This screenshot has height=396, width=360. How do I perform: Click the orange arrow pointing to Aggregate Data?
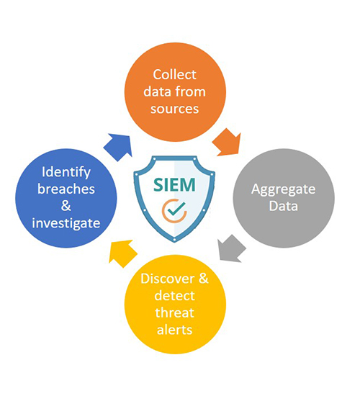point(228,142)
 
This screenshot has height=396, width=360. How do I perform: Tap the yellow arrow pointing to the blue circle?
point(122,253)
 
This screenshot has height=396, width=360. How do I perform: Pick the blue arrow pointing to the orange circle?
point(120,147)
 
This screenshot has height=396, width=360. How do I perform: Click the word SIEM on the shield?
point(174,184)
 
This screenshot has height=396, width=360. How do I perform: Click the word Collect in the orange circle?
point(174,75)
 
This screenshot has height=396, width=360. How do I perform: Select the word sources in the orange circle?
point(174,109)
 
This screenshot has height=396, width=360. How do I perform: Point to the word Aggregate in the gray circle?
point(284,189)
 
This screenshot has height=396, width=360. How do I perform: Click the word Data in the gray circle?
point(284,206)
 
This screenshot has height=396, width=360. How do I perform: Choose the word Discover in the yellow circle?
point(168,279)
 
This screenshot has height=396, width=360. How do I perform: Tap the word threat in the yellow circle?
point(174,312)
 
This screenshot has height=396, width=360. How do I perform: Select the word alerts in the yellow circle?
point(174,330)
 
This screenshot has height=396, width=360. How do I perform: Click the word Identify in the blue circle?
point(66,173)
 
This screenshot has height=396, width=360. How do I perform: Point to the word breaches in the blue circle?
point(66,189)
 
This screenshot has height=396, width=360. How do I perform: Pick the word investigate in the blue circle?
point(66,223)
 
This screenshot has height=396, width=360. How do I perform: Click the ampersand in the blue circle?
point(66,206)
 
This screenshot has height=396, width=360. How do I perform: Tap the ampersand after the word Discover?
point(204,279)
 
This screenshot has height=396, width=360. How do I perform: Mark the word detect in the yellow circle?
point(174,296)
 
